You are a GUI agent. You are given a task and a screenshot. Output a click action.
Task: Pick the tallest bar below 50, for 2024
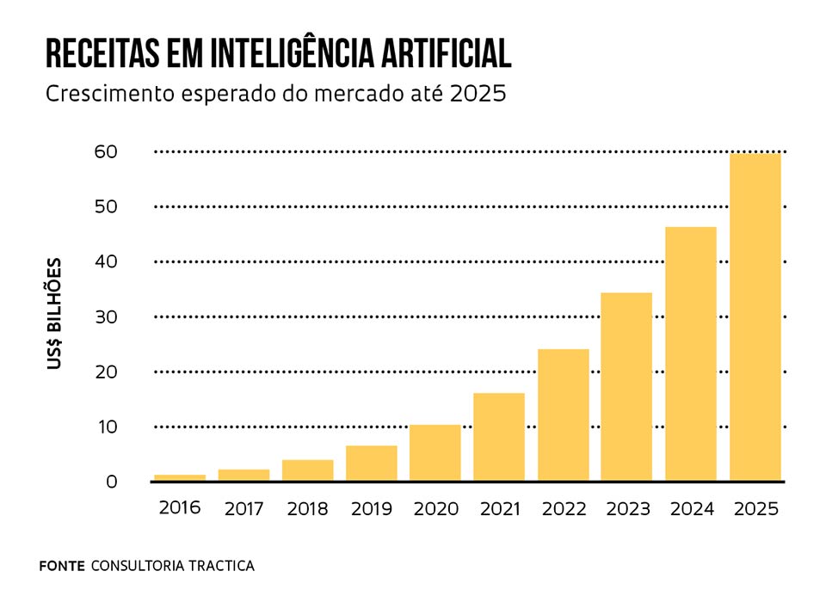(691, 353)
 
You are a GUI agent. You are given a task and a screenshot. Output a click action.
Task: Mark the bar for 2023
(626, 386)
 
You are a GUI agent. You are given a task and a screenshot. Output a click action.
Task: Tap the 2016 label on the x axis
(179, 507)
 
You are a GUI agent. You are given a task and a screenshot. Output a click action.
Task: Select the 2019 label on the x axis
(372, 509)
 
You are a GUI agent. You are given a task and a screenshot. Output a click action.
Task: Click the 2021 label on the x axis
(499, 509)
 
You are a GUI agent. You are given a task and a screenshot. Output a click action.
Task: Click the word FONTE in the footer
(62, 566)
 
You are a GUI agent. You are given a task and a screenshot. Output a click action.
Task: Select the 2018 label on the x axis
(307, 509)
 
